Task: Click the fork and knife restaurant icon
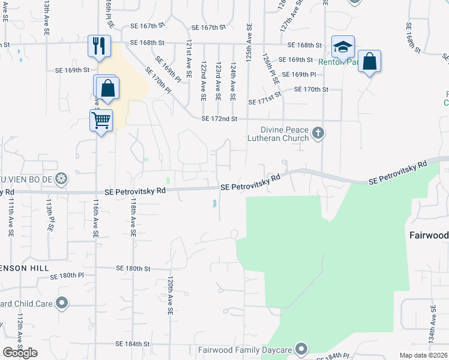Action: (99, 46)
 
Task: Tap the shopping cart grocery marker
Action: (101, 120)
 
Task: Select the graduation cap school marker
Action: (343, 47)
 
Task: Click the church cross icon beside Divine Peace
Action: (318, 133)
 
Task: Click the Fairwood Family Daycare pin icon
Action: (301, 349)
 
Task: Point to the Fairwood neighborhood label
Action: (429, 235)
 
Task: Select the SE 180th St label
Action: (133, 268)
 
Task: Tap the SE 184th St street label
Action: (133, 344)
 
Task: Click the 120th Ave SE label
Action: (170, 296)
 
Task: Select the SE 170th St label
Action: (312, 89)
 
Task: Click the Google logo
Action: (20, 353)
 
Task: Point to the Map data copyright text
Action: (423, 355)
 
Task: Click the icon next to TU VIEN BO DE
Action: (61, 178)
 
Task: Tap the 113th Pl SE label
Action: (50, 215)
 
